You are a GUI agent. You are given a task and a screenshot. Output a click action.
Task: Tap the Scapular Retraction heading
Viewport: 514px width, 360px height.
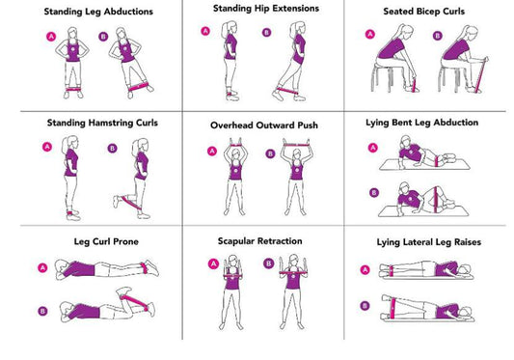257,240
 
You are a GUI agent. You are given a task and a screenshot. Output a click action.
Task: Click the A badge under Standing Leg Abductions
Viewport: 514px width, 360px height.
50,36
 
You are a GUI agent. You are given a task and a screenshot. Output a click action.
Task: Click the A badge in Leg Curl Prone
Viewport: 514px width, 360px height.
41,267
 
